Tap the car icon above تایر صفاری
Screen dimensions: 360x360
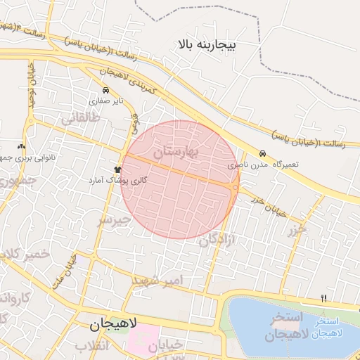(x=105, y=91)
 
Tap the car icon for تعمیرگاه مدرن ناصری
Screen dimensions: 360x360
(x=262, y=153)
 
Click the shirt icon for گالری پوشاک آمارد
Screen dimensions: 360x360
(x=117, y=169)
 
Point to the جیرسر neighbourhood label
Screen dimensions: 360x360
(x=114, y=221)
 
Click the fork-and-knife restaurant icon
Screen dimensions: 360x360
(x=323, y=298)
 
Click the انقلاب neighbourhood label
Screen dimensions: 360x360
(x=94, y=347)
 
